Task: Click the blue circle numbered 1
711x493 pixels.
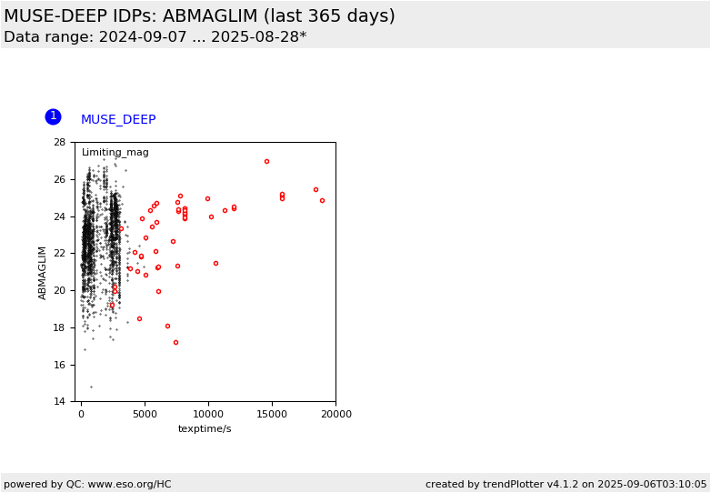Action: tap(53, 116)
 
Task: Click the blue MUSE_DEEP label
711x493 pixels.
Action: tap(118, 119)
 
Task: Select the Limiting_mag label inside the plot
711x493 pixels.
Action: tap(115, 153)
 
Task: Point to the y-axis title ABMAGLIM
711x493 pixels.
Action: tap(42, 273)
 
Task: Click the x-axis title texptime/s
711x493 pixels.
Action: tap(205, 428)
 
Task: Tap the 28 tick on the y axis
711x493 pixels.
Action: tap(60, 143)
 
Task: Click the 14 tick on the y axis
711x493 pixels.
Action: tap(60, 401)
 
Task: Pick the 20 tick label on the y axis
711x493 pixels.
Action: tap(60, 290)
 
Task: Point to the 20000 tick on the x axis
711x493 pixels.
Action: tap(335, 414)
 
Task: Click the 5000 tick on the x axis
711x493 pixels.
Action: tap(145, 414)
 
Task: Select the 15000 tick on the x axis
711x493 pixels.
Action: tap(272, 414)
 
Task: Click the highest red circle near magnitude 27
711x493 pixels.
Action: tap(266, 162)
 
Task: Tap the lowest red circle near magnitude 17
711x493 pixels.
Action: tap(176, 342)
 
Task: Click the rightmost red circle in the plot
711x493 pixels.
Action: tap(323, 200)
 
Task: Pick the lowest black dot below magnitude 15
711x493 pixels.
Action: tap(92, 387)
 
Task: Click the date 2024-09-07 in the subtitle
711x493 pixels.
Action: tap(143, 36)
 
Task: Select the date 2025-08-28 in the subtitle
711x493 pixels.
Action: tap(255, 36)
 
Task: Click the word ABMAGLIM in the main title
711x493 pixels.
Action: tap(210, 15)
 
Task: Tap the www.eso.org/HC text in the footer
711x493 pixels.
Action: tap(130, 484)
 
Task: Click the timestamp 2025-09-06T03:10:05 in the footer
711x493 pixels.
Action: tap(652, 484)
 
